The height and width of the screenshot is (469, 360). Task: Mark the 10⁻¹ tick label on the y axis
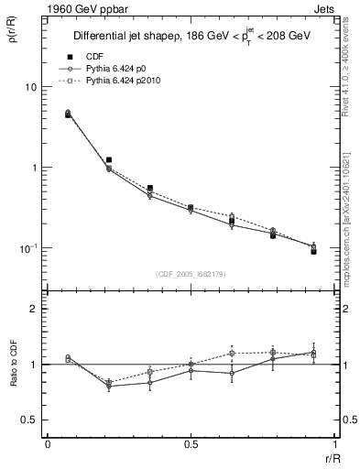(x=28, y=248)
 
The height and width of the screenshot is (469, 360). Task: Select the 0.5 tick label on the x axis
(x=190, y=445)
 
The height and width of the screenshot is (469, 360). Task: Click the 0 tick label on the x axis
(x=47, y=445)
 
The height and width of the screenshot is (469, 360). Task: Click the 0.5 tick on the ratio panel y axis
(x=30, y=420)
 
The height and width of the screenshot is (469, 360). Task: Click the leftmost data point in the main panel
(x=69, y=115)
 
